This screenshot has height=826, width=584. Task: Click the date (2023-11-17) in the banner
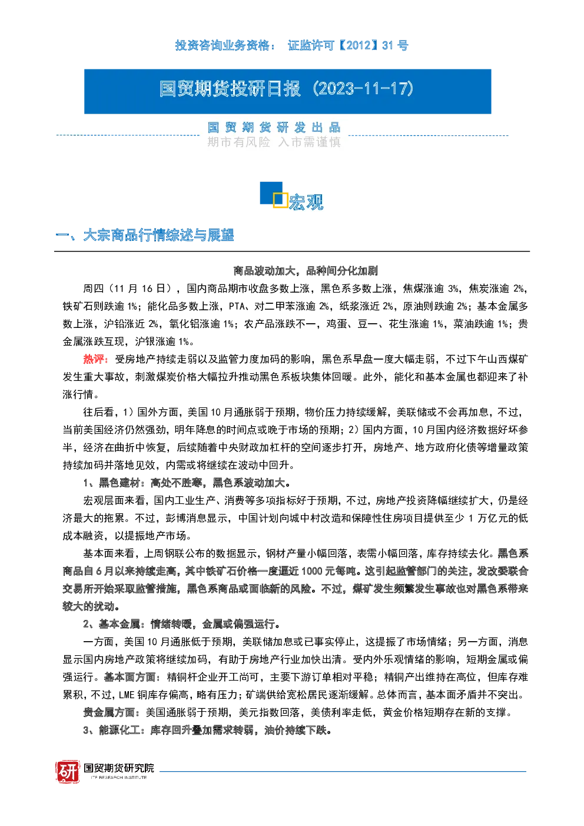(x=363, y=89)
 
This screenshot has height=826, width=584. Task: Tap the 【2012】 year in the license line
(x=358, y=45)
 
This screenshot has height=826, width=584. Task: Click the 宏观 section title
(x=306, y=202)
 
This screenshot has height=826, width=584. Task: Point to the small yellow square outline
(x=280, y=200)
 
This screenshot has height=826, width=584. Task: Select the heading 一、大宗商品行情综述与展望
(x=144, y=235)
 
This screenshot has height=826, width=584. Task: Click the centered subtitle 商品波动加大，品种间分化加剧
(x=306, y=271)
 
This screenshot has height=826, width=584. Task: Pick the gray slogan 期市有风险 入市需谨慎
(x=274, y=142)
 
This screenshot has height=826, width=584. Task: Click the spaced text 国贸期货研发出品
(x=274, y=128)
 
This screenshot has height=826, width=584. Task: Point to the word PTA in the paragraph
(x=236, y=306)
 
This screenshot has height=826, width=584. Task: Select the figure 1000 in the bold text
(x=312, y=571)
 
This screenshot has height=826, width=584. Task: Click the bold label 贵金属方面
(x=109, y=712)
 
